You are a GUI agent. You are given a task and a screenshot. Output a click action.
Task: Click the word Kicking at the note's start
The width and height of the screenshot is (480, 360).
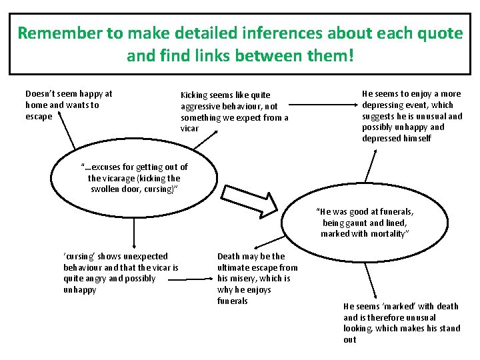(x=194, y=95)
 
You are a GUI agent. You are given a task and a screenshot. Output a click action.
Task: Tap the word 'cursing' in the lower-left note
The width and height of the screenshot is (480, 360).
(x=78, y=256)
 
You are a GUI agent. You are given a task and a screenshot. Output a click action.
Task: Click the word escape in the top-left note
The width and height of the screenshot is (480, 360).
(x=39, y=116)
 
